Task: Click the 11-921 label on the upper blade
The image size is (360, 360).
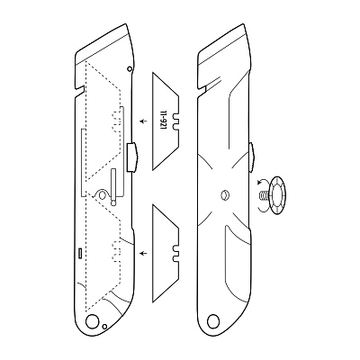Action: [164, 121]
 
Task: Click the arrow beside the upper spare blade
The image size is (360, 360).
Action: [144, 121]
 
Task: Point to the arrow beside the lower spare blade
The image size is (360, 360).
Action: [144, 253]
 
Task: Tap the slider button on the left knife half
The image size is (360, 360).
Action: [132, 157]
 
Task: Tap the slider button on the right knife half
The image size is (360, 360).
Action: [252, 157]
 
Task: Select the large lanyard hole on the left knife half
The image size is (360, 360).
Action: [92, 321]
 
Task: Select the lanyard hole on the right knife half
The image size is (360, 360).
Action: [213, 321]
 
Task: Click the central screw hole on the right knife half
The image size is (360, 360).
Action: [224, 195]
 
